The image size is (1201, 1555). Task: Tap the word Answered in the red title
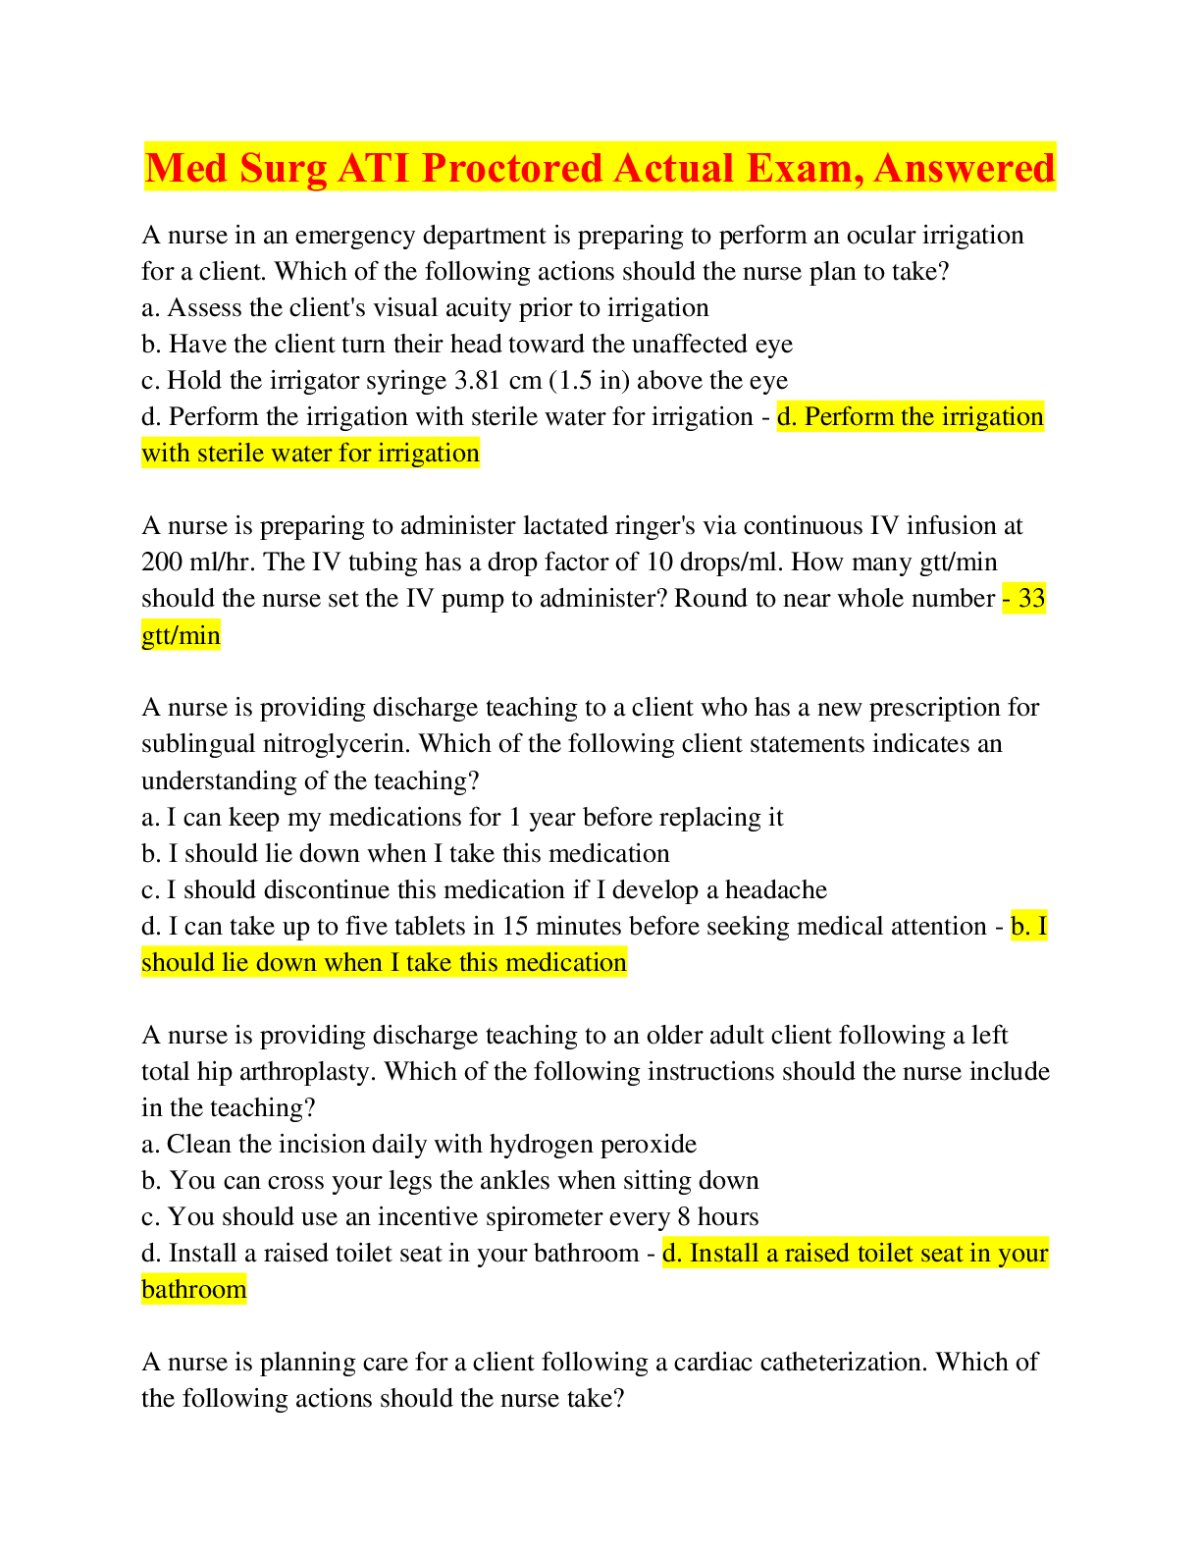point(964,168)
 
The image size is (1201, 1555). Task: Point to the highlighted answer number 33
point(1031,598)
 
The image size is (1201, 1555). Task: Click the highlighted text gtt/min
point(181,635)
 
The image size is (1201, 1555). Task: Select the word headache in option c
point(776,889)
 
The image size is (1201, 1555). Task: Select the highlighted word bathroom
point(194,1290)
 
